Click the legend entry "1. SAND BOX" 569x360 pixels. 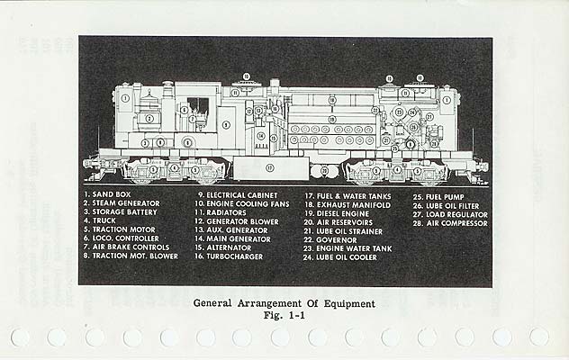(111, 194)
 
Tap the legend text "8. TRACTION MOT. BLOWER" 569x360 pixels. (132, 256)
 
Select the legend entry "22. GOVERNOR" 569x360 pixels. (332, 238)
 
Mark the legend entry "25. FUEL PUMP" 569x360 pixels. (439, 194)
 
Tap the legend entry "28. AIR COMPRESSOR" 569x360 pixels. (450, 221)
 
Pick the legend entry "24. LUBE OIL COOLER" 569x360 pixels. (345, 256)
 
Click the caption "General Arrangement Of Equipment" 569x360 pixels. (284, 303)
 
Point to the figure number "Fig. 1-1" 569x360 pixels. (284, 316)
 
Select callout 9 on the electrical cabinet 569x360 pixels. (226, 124)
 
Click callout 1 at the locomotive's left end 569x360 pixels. (126, 98)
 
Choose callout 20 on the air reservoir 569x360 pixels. (324, 169)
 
